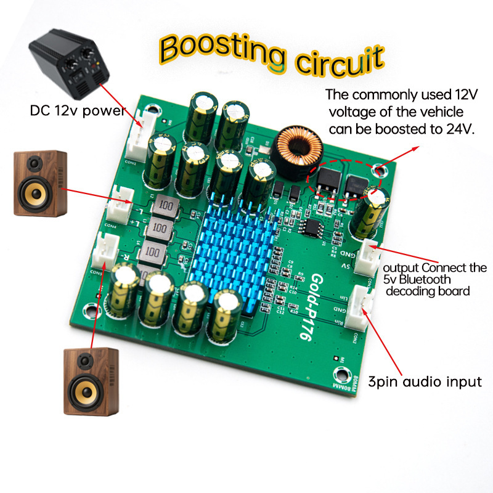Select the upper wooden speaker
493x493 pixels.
[40, 183]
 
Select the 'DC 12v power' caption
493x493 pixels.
[78, 112]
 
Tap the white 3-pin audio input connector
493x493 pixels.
[359, 308]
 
